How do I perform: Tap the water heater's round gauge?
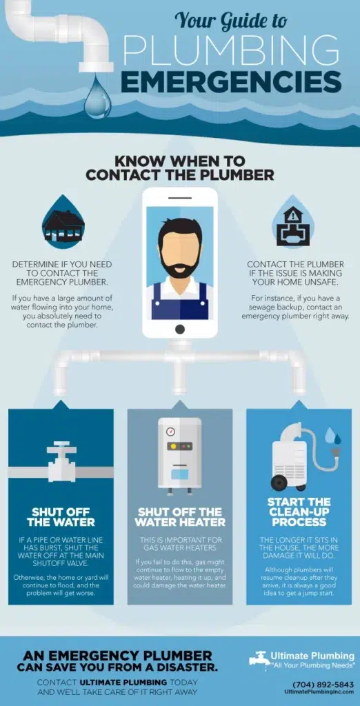tap(170, 432)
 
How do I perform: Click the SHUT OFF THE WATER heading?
tap(61, 516)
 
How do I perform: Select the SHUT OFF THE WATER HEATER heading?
tap(179, 516)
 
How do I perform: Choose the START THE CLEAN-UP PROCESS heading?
tap(299, 512)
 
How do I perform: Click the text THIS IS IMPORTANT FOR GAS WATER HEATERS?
tap(179, 543)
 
